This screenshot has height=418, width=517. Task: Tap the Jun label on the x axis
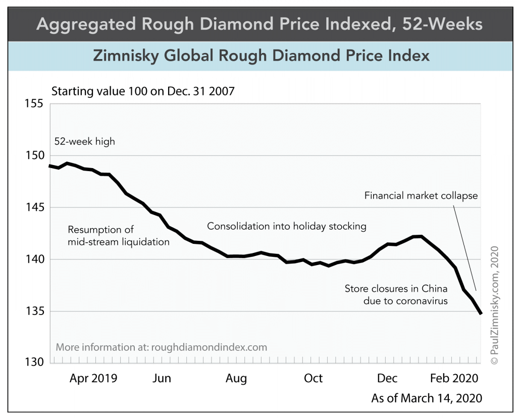[x=162, y=379]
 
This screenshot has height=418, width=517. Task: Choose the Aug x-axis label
[x=236, y=379]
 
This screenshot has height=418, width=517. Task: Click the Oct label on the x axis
[x=313, y=379]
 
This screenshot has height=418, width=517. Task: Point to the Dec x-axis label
[x=387, y=379]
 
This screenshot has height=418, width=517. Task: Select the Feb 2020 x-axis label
[x=454, y=379]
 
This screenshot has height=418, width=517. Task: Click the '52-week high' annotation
[x=85, y=141]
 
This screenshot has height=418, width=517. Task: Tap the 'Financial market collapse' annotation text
[x=421, y=195]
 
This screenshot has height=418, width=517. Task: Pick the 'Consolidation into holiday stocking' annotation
[x=287, y=226]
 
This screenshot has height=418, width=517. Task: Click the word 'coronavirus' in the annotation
[x=423, y=301]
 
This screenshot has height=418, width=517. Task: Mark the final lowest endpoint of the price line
[x=481, y=313]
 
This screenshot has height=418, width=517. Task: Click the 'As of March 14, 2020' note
[x=427, y=398]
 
